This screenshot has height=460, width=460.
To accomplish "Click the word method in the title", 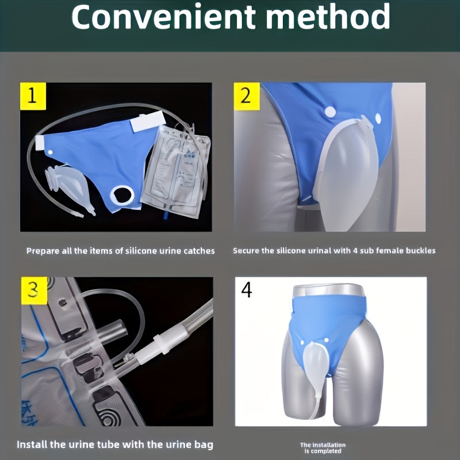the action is (x=328, y=16).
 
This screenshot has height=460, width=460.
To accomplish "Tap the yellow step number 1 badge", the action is (x=33, y=96).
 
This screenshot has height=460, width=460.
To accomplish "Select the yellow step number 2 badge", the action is (x=247, y=96).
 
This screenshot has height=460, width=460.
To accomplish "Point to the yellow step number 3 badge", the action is (x=34, y=290).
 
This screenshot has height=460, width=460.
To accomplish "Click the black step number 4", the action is (x=247, y=290).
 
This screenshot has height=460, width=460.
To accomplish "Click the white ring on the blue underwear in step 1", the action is (x=122, y=195).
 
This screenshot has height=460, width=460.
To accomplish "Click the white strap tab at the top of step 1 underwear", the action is (x=148, y=121).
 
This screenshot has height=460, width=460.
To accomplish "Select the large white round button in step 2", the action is (x=330, y=112).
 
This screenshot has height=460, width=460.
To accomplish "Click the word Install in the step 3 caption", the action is (x=32, y=444).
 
